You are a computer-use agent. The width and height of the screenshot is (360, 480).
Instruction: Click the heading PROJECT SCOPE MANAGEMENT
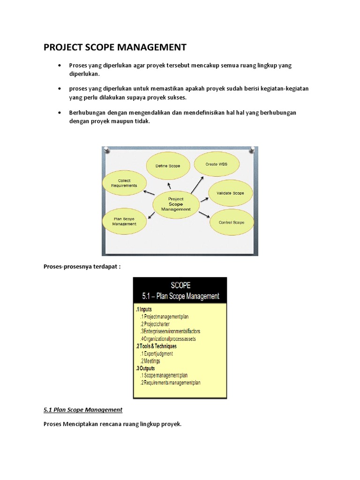tap(115, 47)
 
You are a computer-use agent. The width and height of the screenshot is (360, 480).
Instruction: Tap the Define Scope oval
tap(167, 166)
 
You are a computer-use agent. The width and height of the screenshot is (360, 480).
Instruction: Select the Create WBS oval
tap(216, 165)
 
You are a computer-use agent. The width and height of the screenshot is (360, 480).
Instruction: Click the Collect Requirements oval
tap(124, 183)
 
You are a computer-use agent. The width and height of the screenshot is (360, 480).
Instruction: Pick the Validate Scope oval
tap(230, 193)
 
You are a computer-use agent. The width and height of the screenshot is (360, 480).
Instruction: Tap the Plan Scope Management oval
tap(124, 221)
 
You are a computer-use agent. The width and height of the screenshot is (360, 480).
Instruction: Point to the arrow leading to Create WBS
tap(197, 184)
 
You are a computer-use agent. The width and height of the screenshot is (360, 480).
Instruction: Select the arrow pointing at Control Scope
tap(203, 215)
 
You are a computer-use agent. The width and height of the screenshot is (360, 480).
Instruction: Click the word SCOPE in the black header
tap(180, 285)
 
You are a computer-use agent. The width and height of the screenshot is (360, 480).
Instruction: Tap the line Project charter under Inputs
tap(155, 324)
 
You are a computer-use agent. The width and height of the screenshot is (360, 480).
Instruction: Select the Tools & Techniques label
tap(157, 346)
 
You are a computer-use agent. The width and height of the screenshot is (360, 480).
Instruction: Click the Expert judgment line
tap(158, 353)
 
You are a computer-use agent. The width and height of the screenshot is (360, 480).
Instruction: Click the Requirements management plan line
tap(172, 383)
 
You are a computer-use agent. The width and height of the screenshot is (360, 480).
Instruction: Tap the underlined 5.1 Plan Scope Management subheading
tap(83, 410)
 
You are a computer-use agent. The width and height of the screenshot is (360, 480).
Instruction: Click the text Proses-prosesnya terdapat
tap(82, 267)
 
